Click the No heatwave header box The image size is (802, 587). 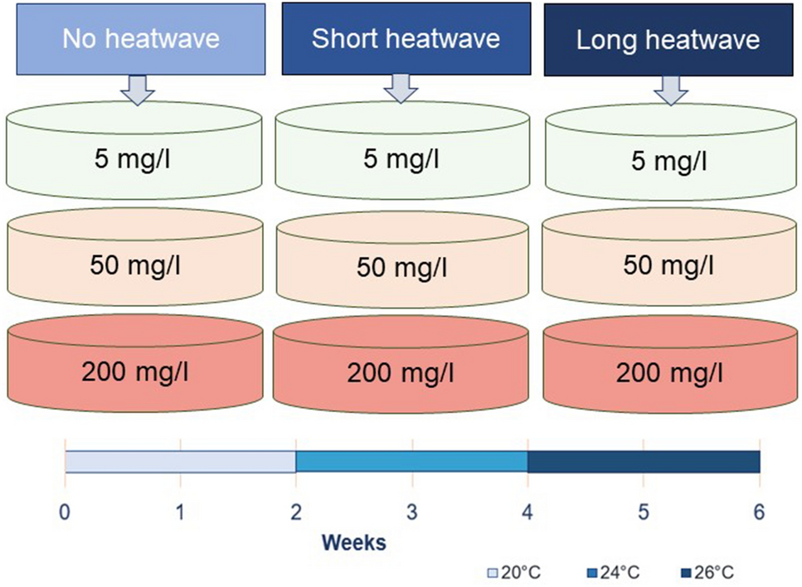pyautogui.click(x=139, y=38)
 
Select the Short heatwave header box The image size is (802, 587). pyautogui.click(x=406, y=38)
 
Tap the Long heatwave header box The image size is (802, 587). pyautogui.click(x=668, y=40)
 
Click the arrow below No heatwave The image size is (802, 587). pyautogui.click(x=138, y=90)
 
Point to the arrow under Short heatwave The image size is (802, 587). pyautogui.click(x=401, y=89)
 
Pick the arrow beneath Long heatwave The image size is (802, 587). pyautogui.click(x=670, y=91)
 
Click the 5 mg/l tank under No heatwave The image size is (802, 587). pyautogui.click(x=134, y=153)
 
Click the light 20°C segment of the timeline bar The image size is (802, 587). pyautogui.click(x=181, y=461)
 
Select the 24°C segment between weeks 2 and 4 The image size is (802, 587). pyautogui.click(x=411, y=461)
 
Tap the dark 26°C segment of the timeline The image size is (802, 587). pyautogui.click(x=644, y=461)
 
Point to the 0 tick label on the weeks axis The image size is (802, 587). pyautogui.click(x=65, y=512)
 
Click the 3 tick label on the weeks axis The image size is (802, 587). pyautogui.click(x=411, y=512)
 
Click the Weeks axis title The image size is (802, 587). pyautogui.click(x=354, y=543)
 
